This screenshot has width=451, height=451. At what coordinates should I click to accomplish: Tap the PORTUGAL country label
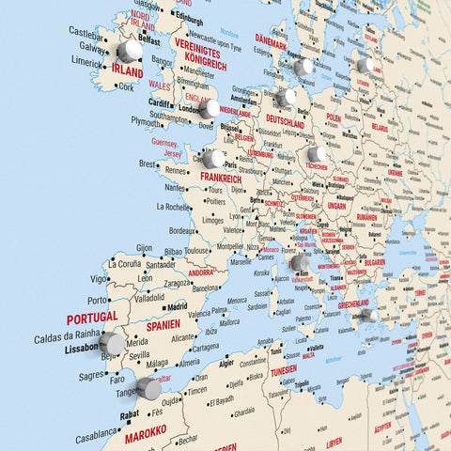pyautogui.click(x=91, y=319)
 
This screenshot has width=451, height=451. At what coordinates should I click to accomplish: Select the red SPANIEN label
pyautogui.click(x=163, y=324)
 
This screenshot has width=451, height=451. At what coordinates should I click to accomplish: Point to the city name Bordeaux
pyautogui.click(x=181, y=231)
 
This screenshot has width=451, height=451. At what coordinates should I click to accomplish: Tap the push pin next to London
pyautogui.click(x=209, y=109)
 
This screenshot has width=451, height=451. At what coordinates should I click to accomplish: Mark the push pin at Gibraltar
pyautogui.click(x=148, y=388)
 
